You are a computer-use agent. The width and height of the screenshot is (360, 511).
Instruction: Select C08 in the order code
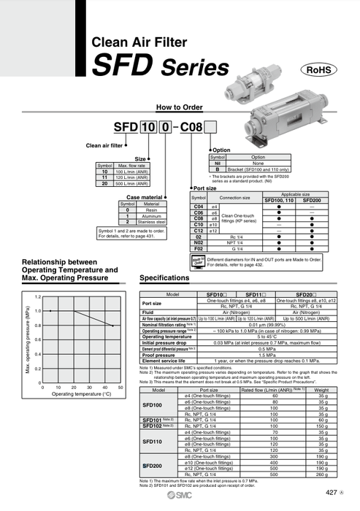[x=193, y=126]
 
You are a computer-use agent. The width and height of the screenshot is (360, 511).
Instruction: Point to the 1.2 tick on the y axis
[x=38, y=297]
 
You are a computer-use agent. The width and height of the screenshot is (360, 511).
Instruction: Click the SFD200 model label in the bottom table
[x=152, y=465]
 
